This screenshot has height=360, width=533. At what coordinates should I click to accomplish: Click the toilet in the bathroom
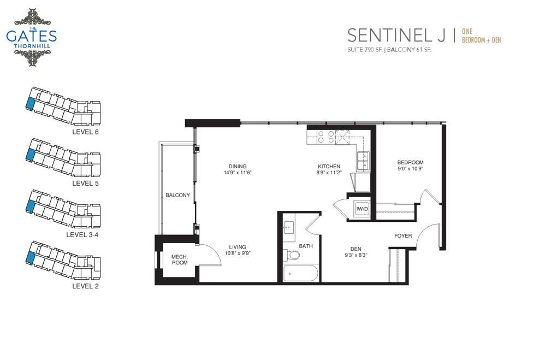click(x=292, y=254)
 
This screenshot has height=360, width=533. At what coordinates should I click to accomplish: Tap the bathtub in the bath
click(x=301, y=273)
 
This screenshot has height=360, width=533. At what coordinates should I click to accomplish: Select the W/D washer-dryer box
click(x=362, y=209)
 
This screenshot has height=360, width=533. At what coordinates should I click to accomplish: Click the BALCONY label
click(x=177, y=195)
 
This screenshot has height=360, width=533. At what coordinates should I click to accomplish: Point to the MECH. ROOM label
click(x=180, y=259)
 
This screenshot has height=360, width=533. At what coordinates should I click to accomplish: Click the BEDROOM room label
click(x=410, y=162)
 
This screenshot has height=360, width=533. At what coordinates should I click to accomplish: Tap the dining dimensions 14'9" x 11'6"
click(x=238, y=172)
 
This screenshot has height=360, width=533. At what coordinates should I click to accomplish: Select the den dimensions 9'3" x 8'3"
click(x=356, y=255)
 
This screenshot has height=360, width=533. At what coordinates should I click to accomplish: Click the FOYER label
click(x=403, y=235)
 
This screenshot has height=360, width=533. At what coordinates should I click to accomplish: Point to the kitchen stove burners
click(x=325, y=137)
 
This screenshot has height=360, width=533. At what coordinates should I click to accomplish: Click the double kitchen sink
click(x=363, y=161)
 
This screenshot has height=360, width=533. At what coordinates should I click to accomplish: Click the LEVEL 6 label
click(x=85, y=132)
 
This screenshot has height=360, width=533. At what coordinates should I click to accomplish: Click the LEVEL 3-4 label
click(x=82, y=234)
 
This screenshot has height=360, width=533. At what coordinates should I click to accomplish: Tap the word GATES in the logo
click(x=31, y=37)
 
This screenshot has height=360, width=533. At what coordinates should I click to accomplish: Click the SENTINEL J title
click(x=396, y=36)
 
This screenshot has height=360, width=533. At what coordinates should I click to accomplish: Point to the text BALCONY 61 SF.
click(x=409, y=50)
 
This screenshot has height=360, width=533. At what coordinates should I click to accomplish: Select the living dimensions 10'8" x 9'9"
click(x=238, y=253)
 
